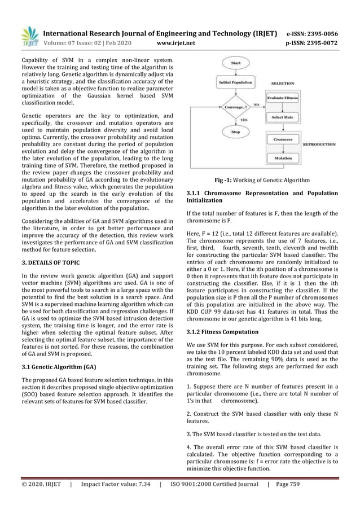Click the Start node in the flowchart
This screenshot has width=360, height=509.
point(236,63)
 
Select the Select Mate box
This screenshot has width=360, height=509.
point(283,117)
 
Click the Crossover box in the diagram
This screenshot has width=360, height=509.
point(283,139)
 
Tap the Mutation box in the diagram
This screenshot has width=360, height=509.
point(283,159)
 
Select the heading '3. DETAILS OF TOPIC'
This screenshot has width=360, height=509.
point(51,263)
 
